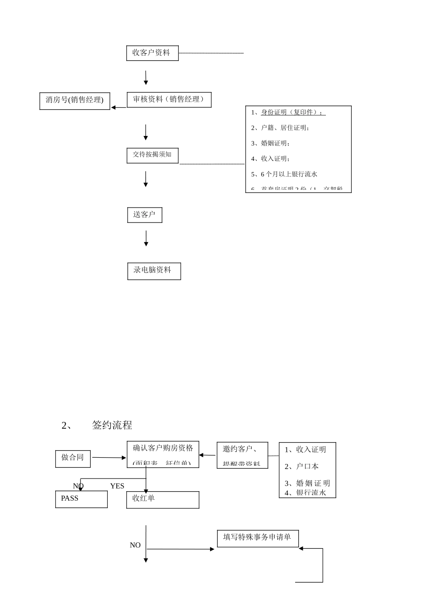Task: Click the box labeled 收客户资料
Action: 152,53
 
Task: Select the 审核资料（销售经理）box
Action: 169,100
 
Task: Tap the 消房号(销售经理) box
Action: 75,101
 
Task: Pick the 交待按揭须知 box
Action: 152,155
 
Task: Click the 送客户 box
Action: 144,215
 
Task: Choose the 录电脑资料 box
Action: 154,271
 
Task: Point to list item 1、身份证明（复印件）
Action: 288,112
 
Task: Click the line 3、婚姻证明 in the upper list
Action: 271,143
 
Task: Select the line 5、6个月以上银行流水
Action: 284,174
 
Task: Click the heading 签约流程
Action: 112,425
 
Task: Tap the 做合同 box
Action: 73,458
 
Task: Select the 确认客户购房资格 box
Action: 163,454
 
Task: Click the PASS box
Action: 81,499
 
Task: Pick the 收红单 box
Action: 162,499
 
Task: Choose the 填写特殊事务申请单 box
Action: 258,538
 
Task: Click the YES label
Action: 117,486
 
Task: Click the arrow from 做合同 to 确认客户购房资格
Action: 109,458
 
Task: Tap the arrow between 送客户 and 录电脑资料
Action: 146,238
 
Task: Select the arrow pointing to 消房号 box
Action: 119,107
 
